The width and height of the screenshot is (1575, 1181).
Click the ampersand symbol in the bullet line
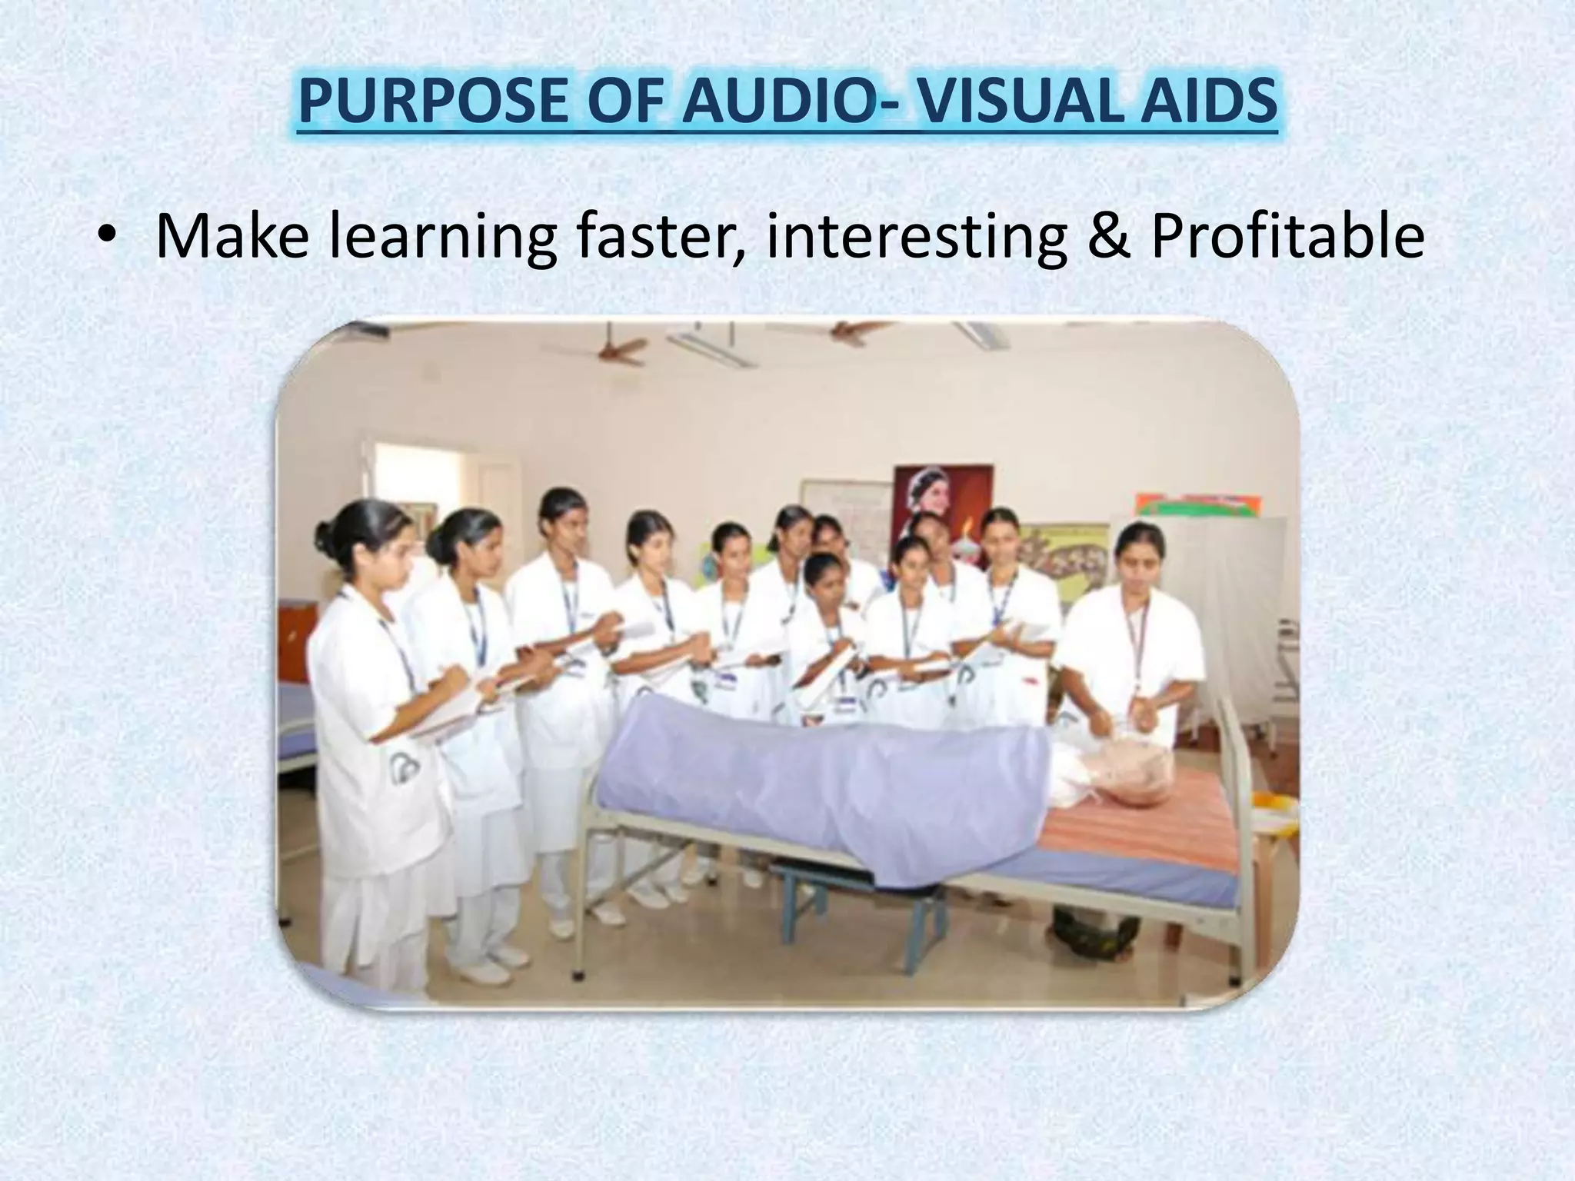[x=1108, y=238]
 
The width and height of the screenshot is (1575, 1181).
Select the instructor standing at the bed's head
[x=1130, y=638]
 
